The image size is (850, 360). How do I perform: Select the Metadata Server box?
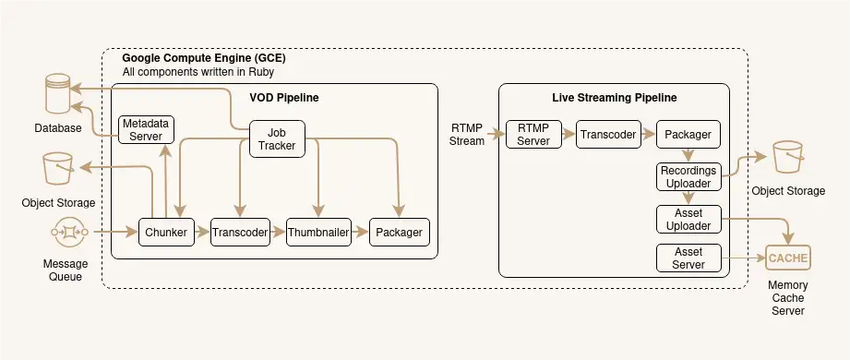pyautogui.click(x=146, y=129)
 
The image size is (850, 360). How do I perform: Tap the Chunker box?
pyautogui.click(x=166, y=233)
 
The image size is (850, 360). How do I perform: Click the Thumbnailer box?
pyautogui.click(x=318, y=233)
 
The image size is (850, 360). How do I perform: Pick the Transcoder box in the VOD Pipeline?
pyautogui.click(x=239, y=233)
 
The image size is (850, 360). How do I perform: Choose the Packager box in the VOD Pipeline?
pyautogui.click(x=399, y=233)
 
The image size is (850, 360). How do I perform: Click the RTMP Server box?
pyautogui.click(x=533, y=135)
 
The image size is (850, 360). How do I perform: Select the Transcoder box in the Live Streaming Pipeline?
pyautogui.click(x=608, y=135)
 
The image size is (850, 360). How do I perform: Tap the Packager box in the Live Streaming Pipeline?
pyautogui.click(x=688, y=135)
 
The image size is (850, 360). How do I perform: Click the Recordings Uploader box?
pyautogui.click(x=688, y=176)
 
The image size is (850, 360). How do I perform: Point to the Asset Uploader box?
pyautogui.click(x=688, y=219)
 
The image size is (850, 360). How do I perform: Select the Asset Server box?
pyautogui.click(x=688, y=258)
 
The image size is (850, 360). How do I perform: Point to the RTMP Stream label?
pyautogui.click(x=466, y=135)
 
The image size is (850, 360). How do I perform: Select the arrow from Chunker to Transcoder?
pyautogui.click(x=202, y=233)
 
